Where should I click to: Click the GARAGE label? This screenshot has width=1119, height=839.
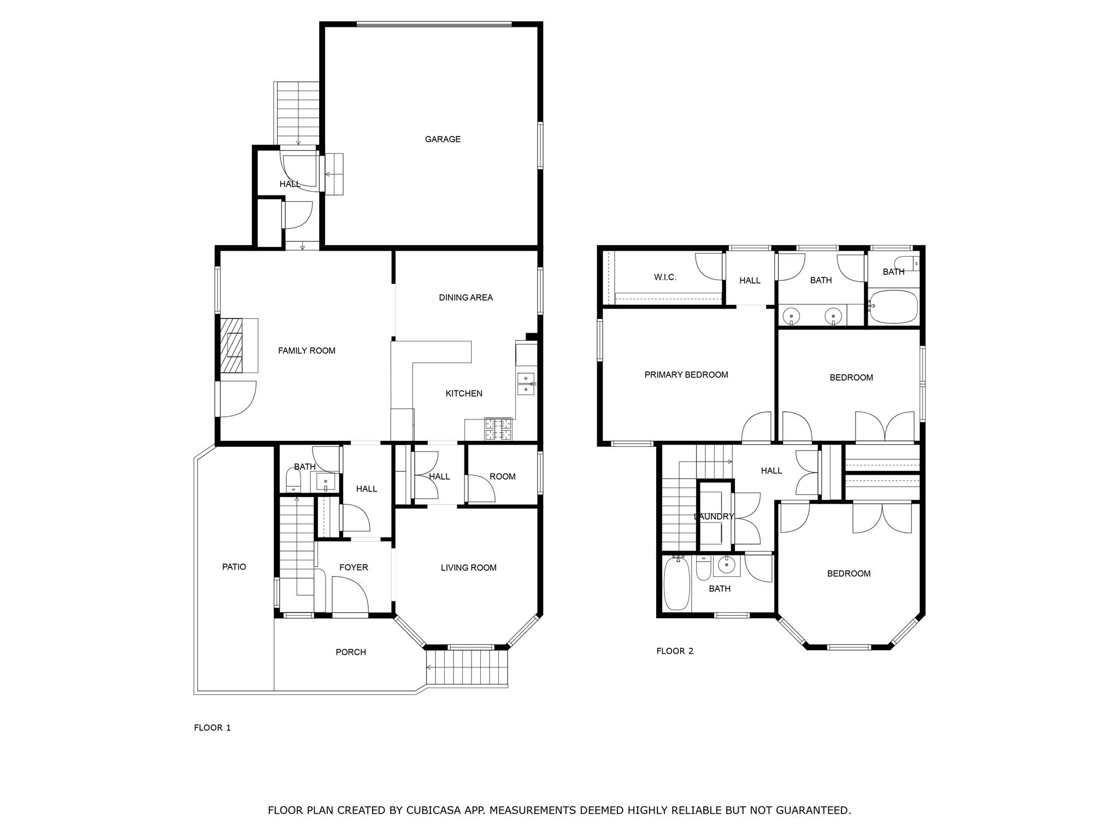[443, 139]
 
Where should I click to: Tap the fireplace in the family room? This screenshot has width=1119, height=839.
[234, 345]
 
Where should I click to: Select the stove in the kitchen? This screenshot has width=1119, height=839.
[498, 429]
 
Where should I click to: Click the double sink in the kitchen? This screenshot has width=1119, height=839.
[526, 383]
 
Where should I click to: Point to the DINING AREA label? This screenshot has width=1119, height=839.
[466, 298]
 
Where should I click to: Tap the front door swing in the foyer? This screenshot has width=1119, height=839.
[350, 596]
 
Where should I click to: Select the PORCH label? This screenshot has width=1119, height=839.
[351, 652]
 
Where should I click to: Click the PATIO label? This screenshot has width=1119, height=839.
[234, 567]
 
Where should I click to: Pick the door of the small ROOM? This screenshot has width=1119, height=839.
[481, 489]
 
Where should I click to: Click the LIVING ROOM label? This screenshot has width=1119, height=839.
[468, 568]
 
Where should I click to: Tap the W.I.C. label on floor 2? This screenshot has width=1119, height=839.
[665, 277]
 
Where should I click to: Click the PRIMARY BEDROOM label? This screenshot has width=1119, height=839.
[686, 375]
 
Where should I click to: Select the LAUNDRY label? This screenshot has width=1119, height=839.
[714, 517]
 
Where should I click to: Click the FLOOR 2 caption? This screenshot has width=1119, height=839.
[675, 651]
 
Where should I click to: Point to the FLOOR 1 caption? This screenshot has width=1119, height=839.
[213, 728]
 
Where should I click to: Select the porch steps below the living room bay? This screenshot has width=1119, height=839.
[467, 667]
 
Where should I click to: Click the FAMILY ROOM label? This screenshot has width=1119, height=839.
[307, 351]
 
